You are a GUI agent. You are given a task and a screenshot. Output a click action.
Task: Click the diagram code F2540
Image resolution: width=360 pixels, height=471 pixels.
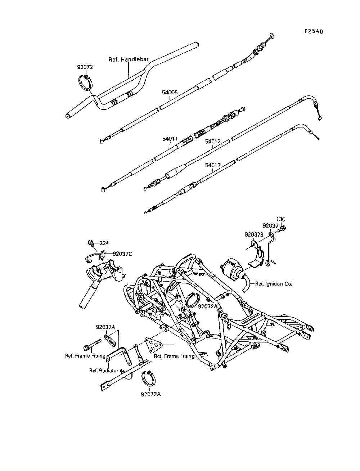(x=314, y=31)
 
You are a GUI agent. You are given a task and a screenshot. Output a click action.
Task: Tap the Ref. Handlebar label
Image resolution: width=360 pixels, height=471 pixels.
(x=128, y=59)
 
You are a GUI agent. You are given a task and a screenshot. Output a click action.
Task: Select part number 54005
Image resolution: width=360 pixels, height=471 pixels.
(x=170, y=93)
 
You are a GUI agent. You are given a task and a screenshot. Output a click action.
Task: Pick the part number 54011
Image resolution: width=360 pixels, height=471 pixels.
(x=170, y=139)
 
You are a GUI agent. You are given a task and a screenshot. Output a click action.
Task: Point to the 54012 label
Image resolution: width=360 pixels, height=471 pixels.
(x=213, y=142)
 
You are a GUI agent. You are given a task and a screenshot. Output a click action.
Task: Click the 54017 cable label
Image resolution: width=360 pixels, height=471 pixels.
(x=213, y=165)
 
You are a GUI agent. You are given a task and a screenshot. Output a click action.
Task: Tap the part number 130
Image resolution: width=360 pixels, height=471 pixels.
(x=280, y=219)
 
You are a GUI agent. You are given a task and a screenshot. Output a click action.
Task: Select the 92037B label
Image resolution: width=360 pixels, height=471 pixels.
(x=254, y=234)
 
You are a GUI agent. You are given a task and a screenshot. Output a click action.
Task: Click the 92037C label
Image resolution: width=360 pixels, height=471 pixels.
(x=122, y=254)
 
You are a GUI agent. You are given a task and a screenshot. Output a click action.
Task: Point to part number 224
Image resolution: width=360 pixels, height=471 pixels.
(x=104, y=243)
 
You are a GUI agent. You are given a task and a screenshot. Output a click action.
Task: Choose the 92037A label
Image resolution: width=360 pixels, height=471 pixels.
(x=105, y=327)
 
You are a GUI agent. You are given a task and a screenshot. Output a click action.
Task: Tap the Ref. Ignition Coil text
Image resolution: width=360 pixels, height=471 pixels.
(x=274, y=284)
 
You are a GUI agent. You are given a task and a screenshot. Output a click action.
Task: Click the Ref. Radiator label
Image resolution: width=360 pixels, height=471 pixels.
(x=104, y=371)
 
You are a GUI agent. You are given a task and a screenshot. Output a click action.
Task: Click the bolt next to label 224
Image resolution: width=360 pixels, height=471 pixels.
(x=91, y=243)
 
